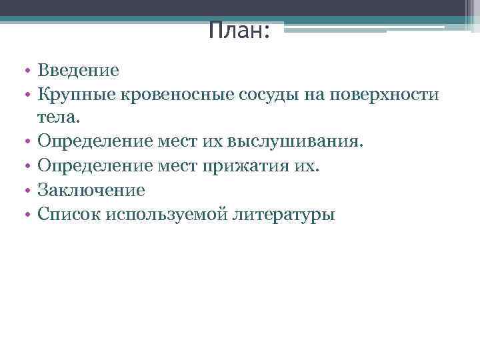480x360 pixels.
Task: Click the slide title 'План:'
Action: [239, 30]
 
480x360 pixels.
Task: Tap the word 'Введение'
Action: [78, 70]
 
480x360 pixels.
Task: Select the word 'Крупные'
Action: [77, 94]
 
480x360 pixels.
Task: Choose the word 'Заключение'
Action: [91, 190]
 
